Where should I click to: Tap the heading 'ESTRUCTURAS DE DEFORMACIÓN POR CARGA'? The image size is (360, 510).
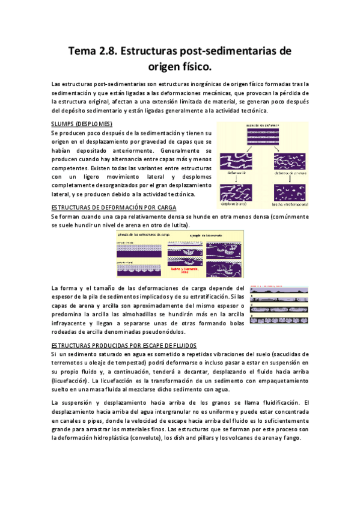[114, 207]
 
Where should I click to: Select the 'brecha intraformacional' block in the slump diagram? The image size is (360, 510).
[290, 191]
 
